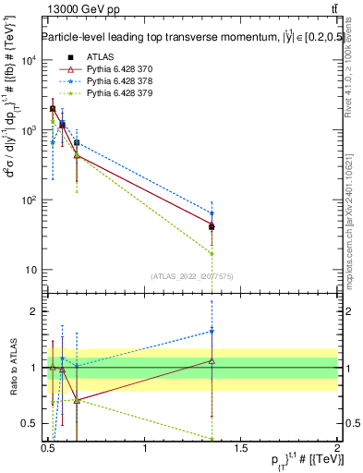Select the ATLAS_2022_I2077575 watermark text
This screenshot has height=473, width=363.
[x=190, y=276]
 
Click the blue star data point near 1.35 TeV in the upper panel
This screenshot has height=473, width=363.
[x=212, y=213]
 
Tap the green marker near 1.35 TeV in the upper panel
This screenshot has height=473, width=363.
[x=212, y=253]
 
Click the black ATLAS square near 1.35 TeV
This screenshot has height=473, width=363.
[x=212, y=226]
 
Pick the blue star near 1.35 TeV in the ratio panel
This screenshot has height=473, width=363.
[x=212, y=332]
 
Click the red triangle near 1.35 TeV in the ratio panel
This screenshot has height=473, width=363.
[x=212, y=360]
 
